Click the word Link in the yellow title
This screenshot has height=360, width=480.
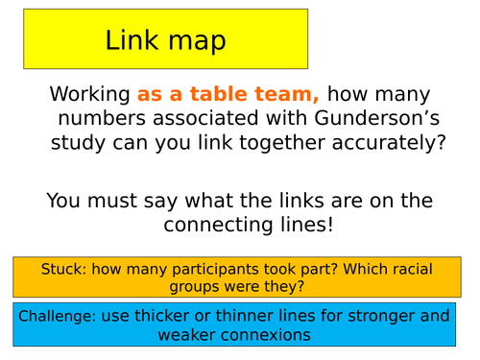[x=132, y=39]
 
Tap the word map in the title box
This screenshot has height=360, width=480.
[x=197, y=42]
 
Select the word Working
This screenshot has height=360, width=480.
[x=90, y=95]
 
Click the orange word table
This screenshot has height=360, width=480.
[x=219, y=94]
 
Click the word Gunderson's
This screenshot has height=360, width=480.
[x=377, y=117]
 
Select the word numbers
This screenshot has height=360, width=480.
[x=102, y=118]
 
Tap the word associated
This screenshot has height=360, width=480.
[x=205, y=118]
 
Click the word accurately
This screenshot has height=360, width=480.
[x=389, y=143]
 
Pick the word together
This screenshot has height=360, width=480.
[x=282, y=143]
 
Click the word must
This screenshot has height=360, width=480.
[x=112, y=201]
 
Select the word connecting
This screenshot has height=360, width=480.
[x=218, y=226]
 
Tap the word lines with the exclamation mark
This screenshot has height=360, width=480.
[x=306, y=225]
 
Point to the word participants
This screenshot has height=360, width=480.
[x=216, y=271]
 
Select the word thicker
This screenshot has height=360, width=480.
[x=161, y=316]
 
